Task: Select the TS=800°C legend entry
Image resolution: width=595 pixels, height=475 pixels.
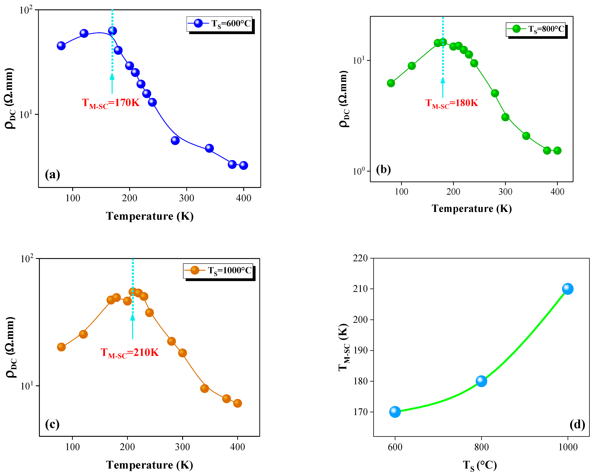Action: click(535, 29)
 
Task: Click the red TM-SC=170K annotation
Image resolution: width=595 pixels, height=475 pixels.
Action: click(111, 103)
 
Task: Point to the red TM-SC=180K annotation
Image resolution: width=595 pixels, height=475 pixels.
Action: click(451, 103)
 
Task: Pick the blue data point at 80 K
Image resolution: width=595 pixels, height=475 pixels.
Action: click(61, 46)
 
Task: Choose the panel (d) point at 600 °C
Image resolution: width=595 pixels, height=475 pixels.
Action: click(395, 412)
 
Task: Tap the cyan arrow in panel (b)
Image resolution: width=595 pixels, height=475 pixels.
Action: click(443, 87)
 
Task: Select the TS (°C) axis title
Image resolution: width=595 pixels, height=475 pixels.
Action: click(480, 465)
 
